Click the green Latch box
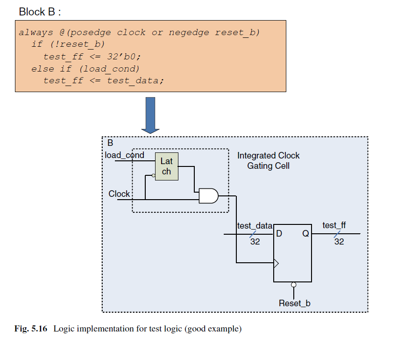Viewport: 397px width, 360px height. [167, 166]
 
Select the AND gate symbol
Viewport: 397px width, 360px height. [209, 196]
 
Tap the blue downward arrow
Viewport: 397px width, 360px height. [150, 115]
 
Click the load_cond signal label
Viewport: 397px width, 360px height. [125, 155]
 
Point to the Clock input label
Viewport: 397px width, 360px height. [119, 194]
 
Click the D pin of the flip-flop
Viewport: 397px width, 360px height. [279, 233]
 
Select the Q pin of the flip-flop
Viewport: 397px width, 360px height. [305, 233]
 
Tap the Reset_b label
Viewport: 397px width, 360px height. [294, 303]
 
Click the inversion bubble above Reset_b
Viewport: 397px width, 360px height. [294, 285]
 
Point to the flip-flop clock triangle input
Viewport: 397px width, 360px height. [276, 263]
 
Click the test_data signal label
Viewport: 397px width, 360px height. [255, 226]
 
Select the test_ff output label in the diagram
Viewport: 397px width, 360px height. [334, 225]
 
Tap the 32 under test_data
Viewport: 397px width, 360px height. [255, 242]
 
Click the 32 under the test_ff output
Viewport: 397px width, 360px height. [339, 242]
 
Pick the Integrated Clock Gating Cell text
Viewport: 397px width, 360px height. [269, 160]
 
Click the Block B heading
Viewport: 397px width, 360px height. [40, 12]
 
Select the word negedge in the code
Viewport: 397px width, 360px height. [189, 33]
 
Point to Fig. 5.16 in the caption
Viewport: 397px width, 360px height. [31, 329]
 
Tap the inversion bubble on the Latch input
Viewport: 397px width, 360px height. [154, 175]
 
